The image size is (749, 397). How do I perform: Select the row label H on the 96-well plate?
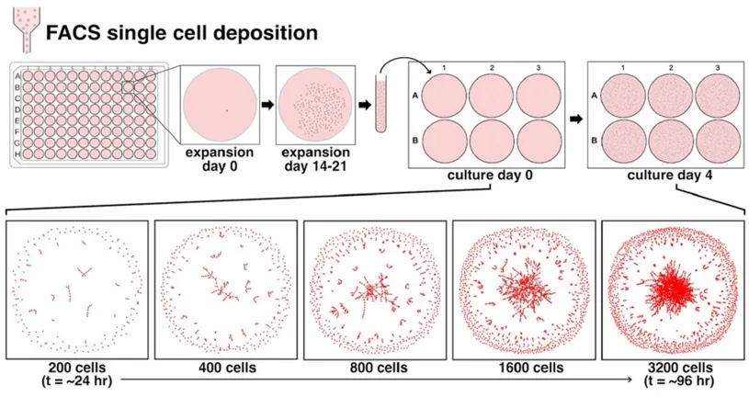pyautogui.click(x=18, y=153)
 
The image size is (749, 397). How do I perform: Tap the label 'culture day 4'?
pyautogui.click(x=671, y=175)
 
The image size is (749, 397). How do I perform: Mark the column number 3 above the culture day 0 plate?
pyautogui.click(x=537, y=67)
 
